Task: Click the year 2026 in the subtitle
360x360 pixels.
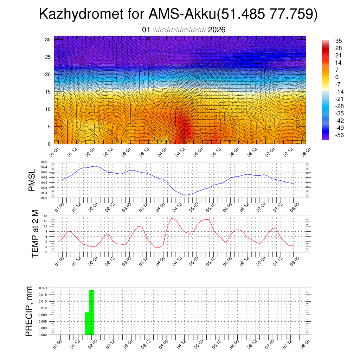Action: pos(217,30)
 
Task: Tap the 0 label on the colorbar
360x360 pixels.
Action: pos(336,77)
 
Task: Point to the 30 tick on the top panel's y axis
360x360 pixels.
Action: pos(48,39)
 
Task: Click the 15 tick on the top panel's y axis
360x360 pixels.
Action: pos(48,92)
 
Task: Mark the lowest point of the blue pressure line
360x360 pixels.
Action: pos(185,195)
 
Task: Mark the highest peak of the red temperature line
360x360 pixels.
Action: pos(172,218)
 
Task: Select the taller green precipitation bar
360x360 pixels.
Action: pos(91,312)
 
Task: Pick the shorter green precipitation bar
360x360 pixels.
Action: pos(87,323)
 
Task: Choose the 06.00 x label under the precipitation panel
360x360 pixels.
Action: pos(234,344)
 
